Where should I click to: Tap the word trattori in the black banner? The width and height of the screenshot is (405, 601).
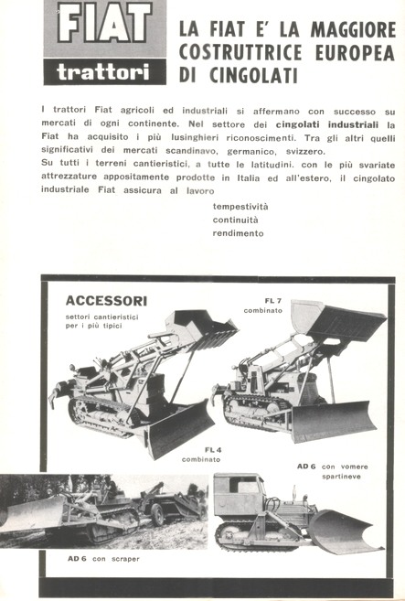(x=105, y=71)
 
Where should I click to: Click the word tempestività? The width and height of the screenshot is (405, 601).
(x=240, y=206)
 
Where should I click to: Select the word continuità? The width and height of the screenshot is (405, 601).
(x=236, y=220)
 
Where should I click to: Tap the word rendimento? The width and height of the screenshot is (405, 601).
(x=238, y=233)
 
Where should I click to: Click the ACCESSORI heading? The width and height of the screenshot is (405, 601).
(x=106, y=301)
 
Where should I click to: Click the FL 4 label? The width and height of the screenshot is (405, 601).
(x=213, y=448)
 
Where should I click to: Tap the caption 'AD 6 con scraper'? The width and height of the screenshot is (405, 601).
(x=103, y=557)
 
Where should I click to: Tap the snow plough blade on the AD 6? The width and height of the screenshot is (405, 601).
(x=344, y=532)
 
